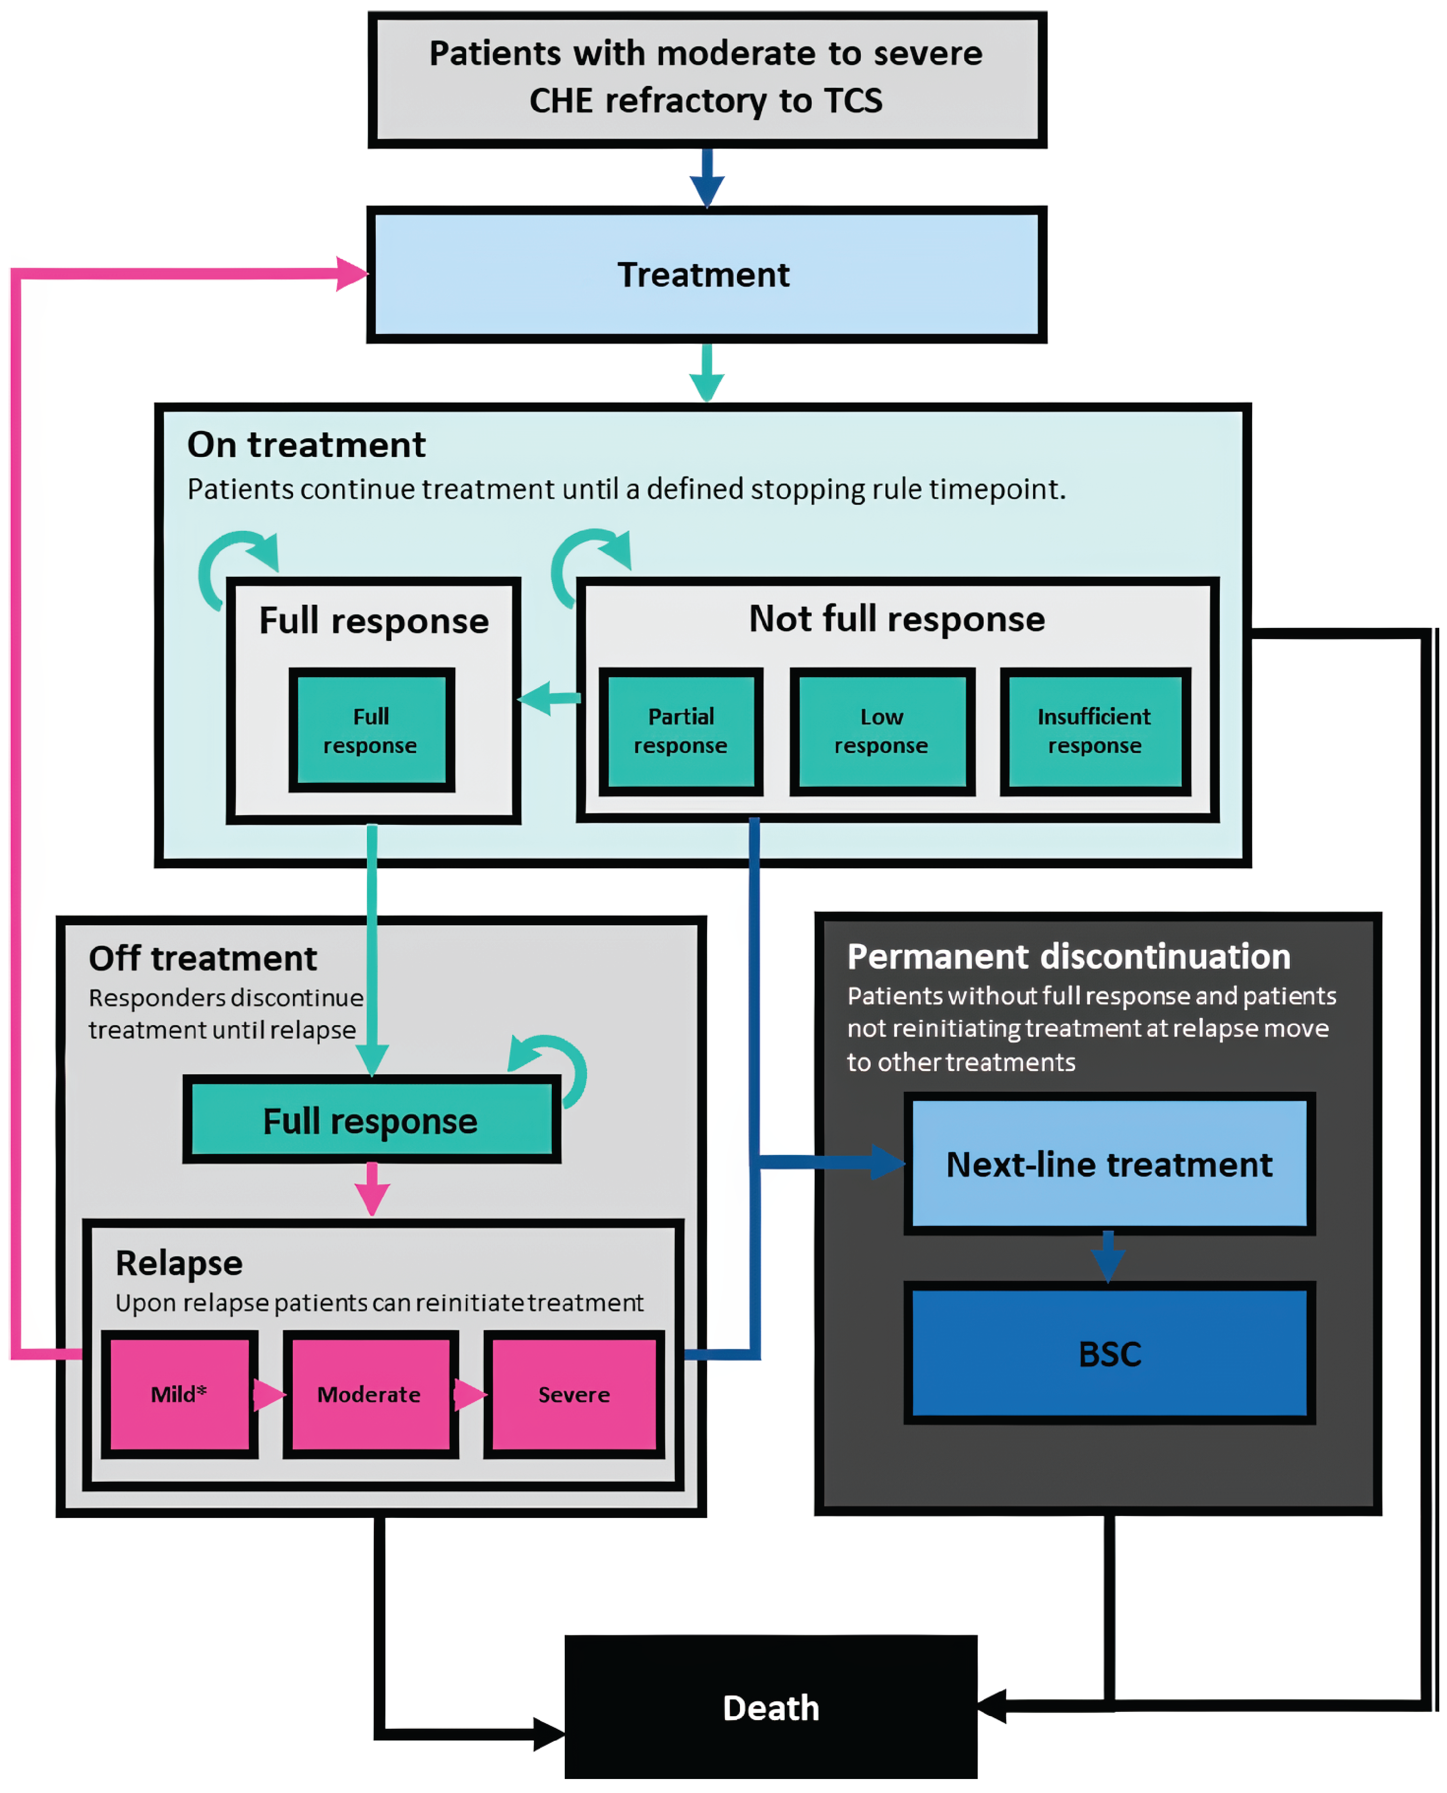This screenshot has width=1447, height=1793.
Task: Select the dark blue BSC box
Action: (1109, 1353)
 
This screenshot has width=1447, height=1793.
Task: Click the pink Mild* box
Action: (179, 1393)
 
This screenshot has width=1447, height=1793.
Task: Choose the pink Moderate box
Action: (369, 1393)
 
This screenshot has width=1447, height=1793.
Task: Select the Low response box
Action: (881, 731)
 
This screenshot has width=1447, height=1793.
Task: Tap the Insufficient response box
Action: (1094, 731)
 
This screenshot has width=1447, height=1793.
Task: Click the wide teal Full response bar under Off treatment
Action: (371, 1120)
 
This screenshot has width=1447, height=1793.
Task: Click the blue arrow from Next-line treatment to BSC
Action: (1108, 1257)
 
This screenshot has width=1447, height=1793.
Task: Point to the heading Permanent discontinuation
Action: (1068, 957)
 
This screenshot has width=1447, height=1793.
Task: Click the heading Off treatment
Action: (203, 958)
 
